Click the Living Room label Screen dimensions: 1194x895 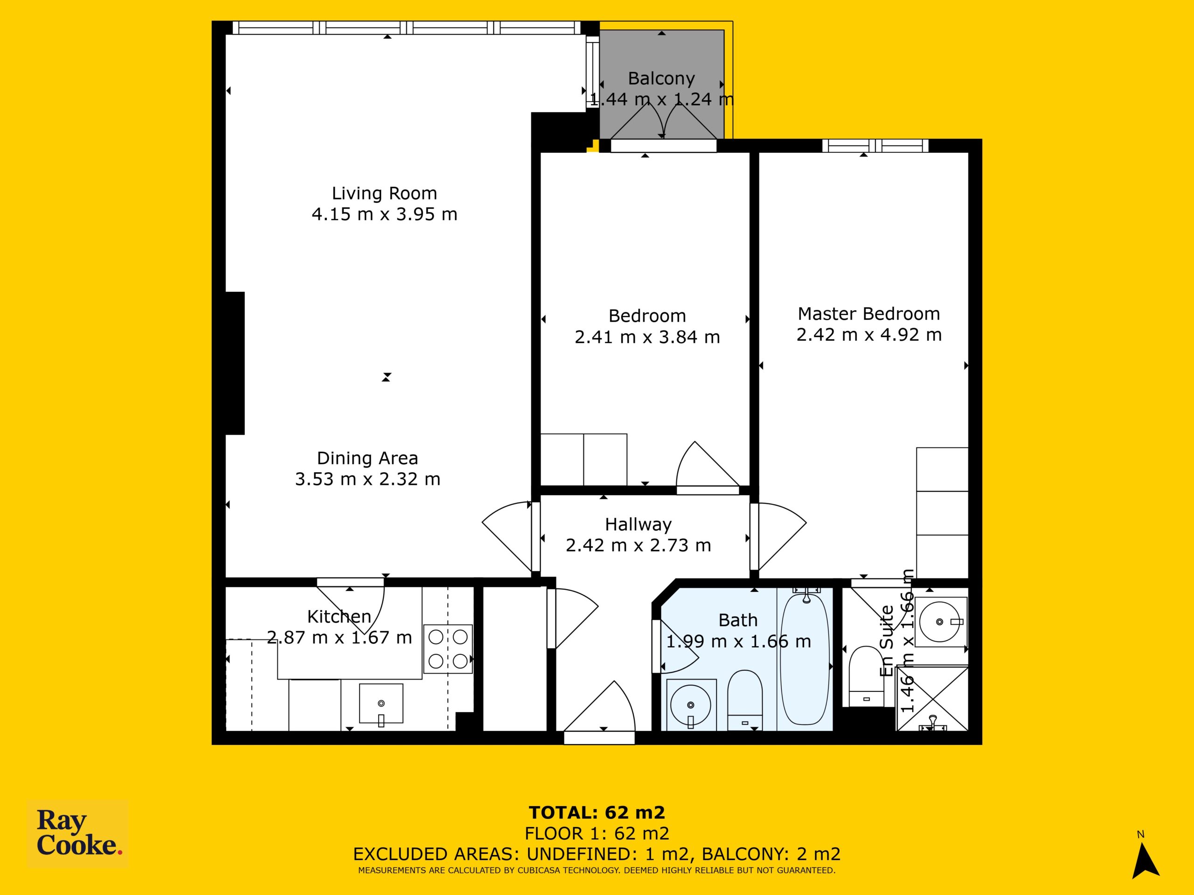click(x=384, y=193)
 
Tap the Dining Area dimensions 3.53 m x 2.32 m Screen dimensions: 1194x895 click(x=368, y=479)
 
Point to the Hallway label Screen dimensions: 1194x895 click(x=638, y=524)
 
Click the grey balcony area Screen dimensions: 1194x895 click(x=662, y=84)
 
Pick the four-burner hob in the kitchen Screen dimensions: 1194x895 click(x=448, y=649)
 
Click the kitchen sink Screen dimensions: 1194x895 click(x=381, y=703)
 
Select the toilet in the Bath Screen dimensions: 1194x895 click(x=745, y=700)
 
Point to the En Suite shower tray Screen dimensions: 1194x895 click(x=932, y=699)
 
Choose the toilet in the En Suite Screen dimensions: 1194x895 click(x=867, y=676)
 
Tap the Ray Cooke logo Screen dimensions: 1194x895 click(x=78, y=833)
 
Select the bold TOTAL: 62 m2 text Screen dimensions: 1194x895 click(x=597, y=812)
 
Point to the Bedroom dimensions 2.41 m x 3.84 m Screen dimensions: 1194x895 click(x=647, y=337)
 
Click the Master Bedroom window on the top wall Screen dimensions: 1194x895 click(x=875, y=145)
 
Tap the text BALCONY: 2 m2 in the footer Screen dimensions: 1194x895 click(x=771, y=854)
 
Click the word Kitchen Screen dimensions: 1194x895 click(x=339, y=616)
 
